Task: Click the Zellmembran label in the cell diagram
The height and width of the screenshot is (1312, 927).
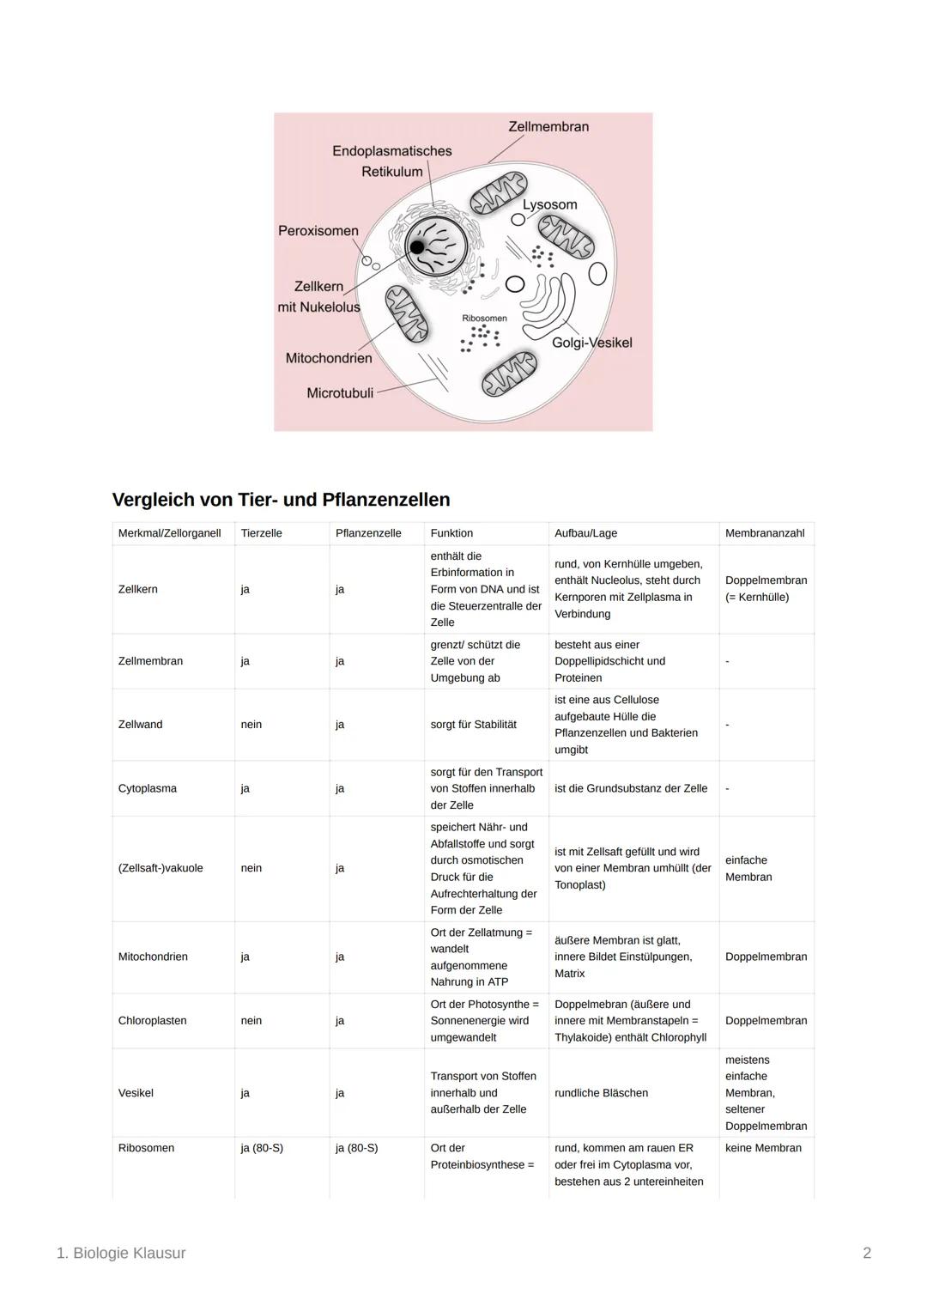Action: pos(548,126)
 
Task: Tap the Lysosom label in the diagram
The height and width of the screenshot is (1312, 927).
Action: pos(549,204)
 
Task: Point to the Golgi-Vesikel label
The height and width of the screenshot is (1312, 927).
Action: pos(591,343)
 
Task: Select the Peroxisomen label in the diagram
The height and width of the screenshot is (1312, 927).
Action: pos(318,230)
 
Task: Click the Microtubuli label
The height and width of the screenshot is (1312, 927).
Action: pos(340,393)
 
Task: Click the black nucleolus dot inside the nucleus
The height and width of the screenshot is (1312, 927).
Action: pos(417,247)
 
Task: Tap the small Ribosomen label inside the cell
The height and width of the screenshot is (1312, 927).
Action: pos(484,319)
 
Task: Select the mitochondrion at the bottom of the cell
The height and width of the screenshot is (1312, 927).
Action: pos(508,374)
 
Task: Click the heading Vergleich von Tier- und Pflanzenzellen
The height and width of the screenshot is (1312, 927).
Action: pos(281,500)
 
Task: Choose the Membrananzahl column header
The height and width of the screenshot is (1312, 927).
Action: pos(764,533)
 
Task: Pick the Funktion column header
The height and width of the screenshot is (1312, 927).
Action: pos(451,533)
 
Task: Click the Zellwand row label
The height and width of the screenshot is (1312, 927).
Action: pos(140,725)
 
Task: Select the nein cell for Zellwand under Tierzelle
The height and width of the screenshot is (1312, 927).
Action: pos(251,725)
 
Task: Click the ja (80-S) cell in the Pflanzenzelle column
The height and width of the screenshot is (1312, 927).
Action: pos(356,1148)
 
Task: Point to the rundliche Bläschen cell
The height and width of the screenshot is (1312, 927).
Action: pos(601,1093)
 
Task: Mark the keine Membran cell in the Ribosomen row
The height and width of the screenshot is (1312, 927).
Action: pos(763,1148)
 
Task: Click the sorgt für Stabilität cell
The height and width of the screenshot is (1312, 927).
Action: pos(473,725)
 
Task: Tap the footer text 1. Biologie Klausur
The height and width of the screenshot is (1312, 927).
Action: pos(121,1253)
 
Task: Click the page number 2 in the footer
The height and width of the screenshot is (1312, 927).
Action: pos(867,1253)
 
